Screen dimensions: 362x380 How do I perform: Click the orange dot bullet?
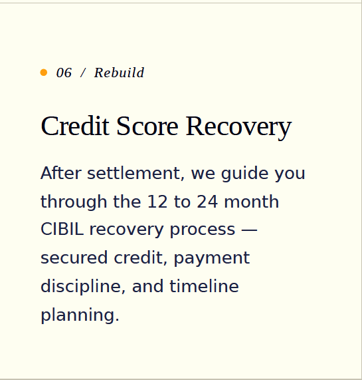click(44, 73)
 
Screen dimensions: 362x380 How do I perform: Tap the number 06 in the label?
click(64, 73)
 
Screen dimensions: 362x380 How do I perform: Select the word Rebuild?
click(119, 73)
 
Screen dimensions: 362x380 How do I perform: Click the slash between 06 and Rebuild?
click(83, 73)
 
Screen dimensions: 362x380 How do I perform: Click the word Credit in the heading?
click(75, 126)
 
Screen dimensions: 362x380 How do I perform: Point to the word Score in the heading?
click(147, 126)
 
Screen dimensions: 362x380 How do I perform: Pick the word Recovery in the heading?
click(238, 128)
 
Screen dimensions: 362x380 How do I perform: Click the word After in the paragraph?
click(61, 173)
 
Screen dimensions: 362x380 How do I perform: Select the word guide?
click(244, 174)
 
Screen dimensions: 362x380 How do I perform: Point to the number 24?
click(207, 202)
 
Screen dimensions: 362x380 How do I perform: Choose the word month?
click(252, 201)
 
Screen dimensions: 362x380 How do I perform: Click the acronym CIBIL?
click(62, 229)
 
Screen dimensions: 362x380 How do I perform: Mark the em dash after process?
click(249, 230)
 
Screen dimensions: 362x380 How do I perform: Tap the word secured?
click(74, 258)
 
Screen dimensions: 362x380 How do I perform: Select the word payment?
click(212, 259)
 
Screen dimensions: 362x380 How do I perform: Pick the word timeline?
click(205, 285)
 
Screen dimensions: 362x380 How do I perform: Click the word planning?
click(80, 315)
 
